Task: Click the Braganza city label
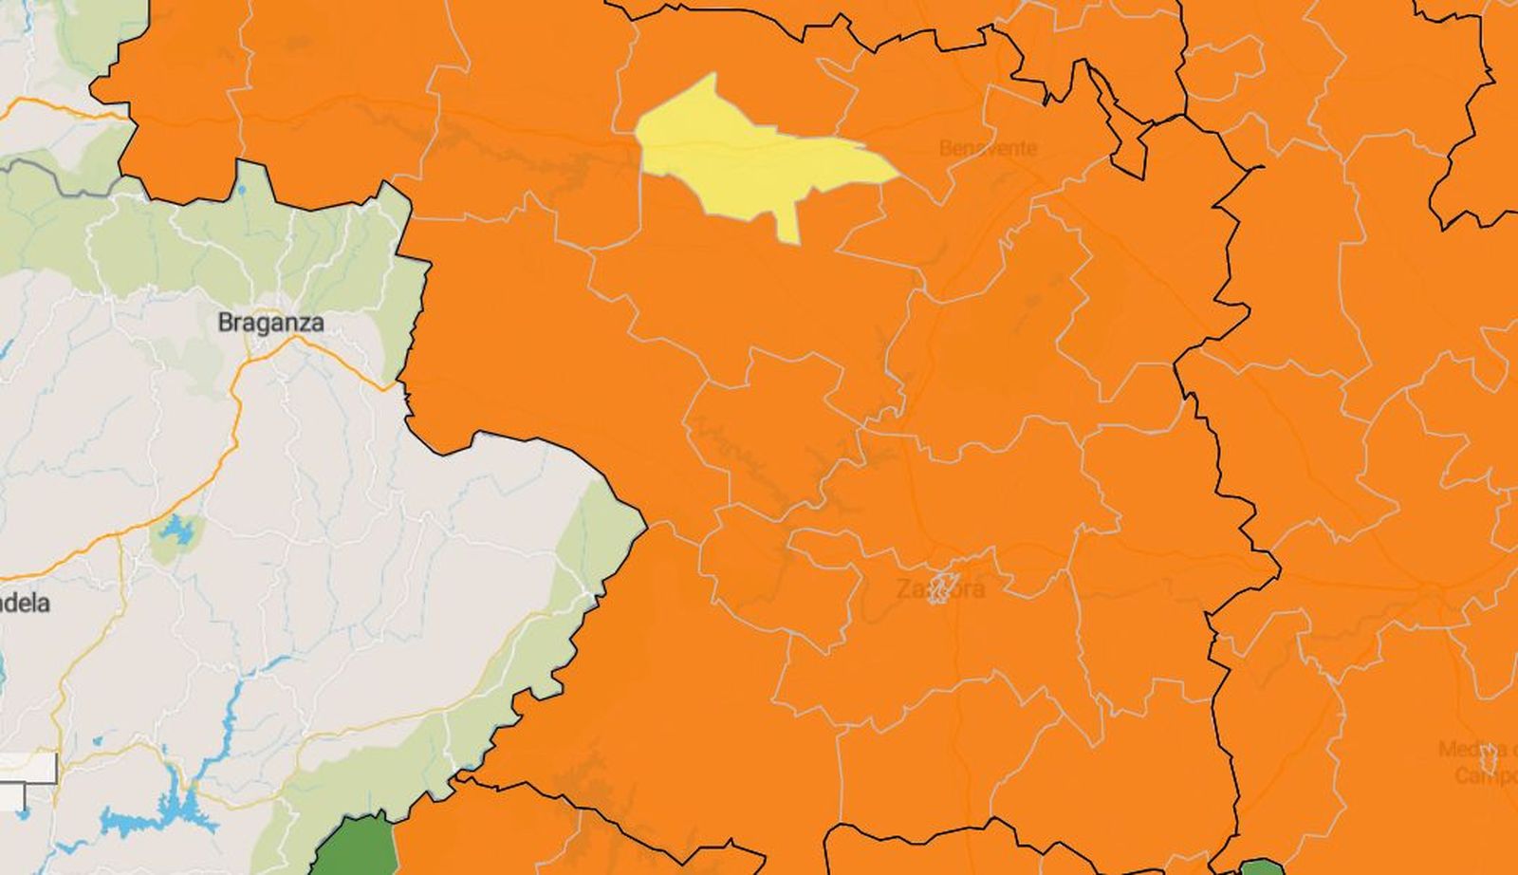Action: [270, 323]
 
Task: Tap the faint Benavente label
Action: [988, 148]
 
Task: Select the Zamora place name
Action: [940, 589]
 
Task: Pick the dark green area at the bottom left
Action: [356, 849]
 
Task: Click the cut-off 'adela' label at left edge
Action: [25, 604]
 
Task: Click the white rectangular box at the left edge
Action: [28, 769]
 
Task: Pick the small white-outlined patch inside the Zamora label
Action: [942, 586]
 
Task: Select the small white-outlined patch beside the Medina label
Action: [1488, 759]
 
